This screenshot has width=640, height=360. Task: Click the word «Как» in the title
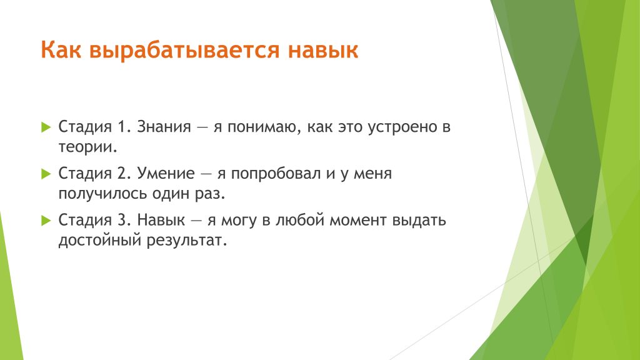point(61,50)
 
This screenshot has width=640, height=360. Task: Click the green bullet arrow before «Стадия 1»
point(46,127)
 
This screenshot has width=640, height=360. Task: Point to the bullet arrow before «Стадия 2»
point(46,174)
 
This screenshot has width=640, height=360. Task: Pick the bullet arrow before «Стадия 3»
point(46,221)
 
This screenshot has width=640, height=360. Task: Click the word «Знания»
point(164,127)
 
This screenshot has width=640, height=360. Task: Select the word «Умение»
point(166,174)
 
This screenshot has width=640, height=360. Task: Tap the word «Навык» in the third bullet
point(161,221)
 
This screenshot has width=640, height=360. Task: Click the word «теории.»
point(87,147)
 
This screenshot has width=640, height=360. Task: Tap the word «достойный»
point(99,241)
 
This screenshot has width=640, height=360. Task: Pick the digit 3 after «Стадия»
point(124,221)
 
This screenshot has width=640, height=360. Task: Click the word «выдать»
point(419,221)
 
